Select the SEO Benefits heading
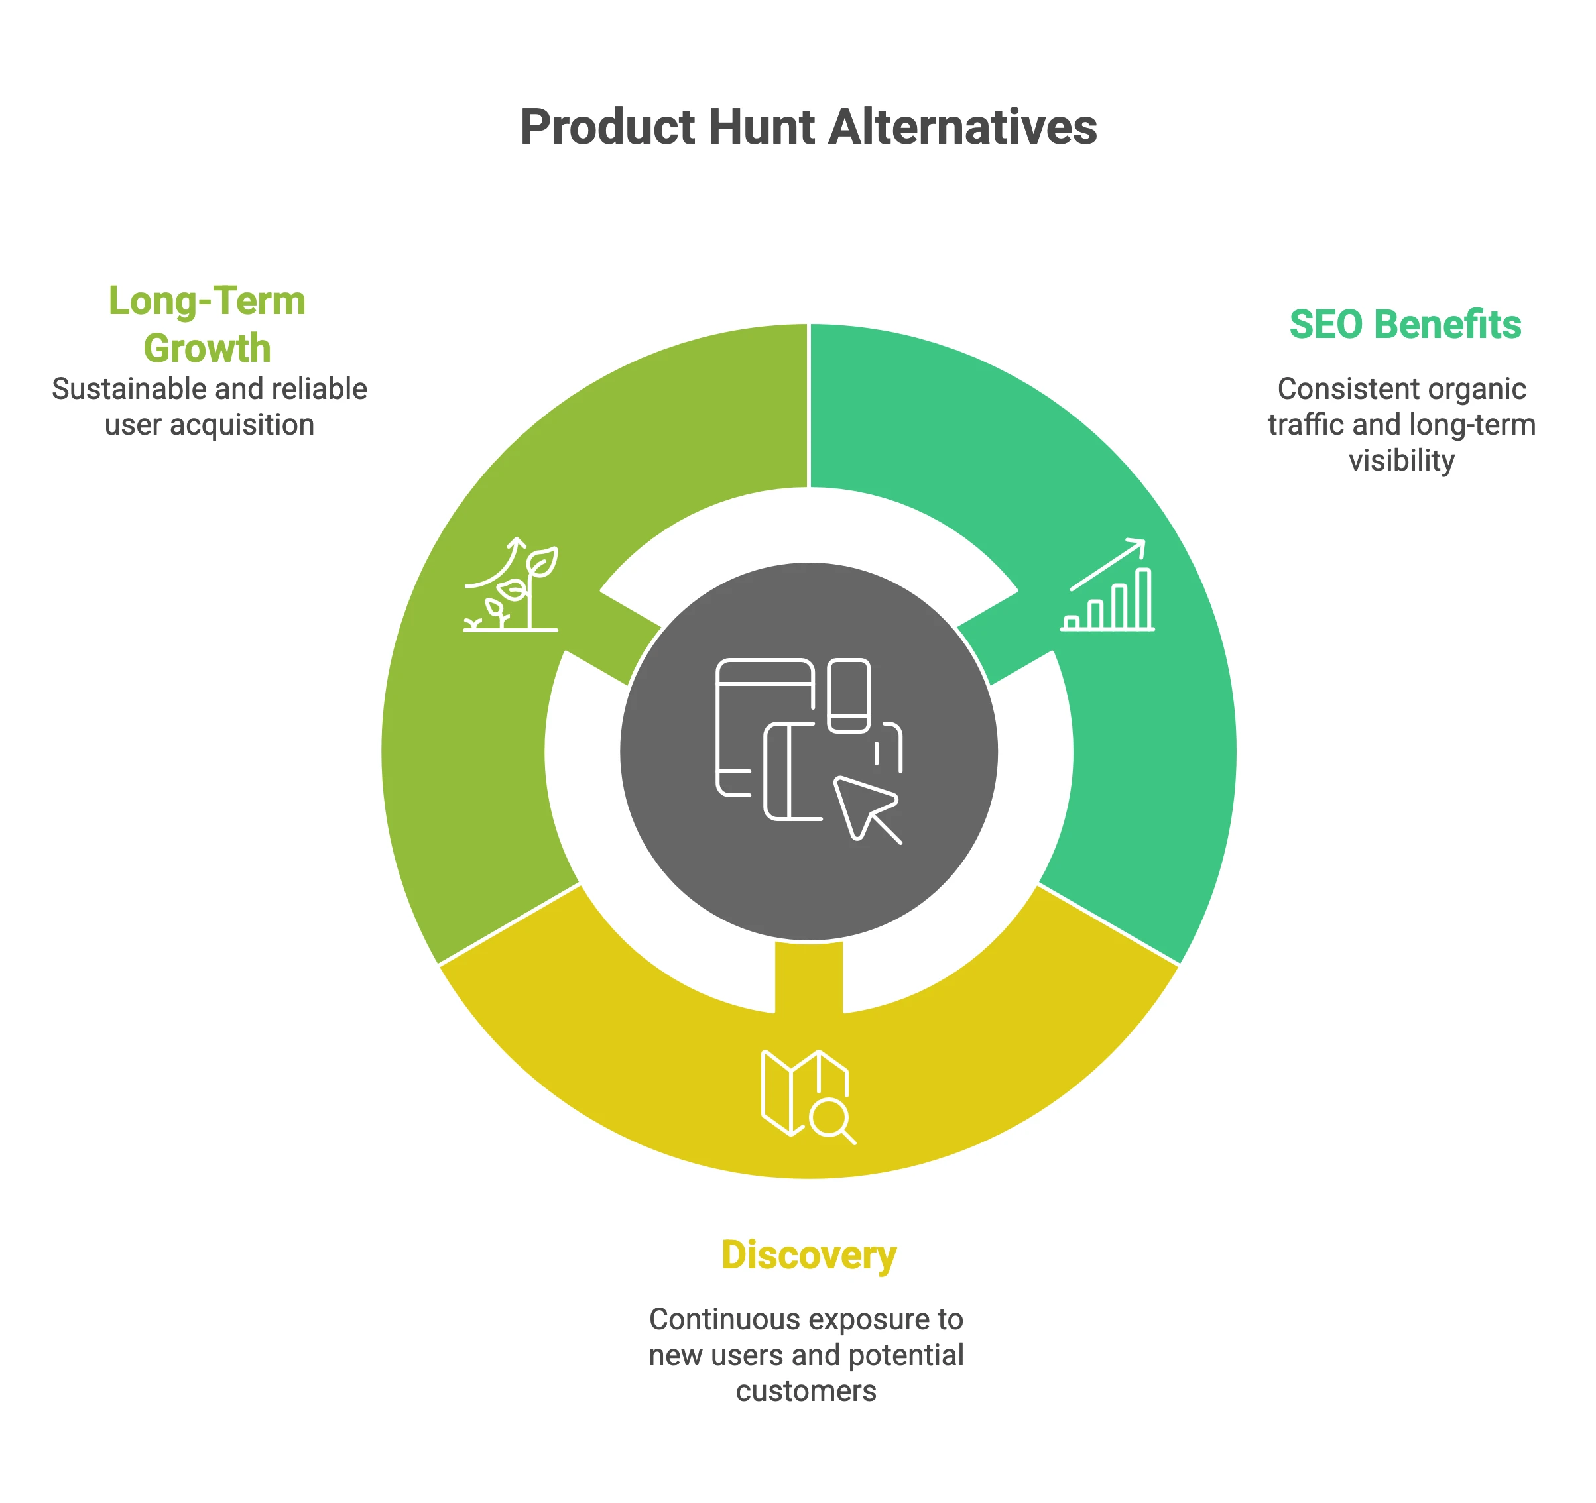(x=1405, y=325)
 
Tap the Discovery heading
(x=808, y=1255)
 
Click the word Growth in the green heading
(x=207, y=349)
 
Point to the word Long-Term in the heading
(x=207, y=302)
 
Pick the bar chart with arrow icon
(x=1108, y=585)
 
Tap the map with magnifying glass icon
(x=806, y=1096)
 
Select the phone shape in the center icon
(x=849, y=695)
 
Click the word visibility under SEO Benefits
(x=1401, y=461)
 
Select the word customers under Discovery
(x=806, y=1390)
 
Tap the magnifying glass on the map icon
(x=830, y=1117)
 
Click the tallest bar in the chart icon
(x=1143, y=598)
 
